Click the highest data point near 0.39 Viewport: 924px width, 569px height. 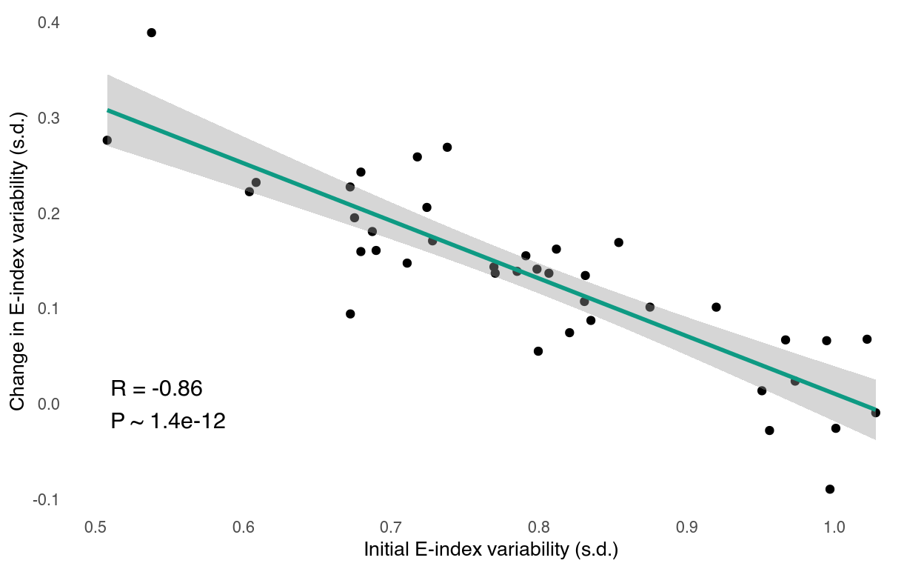151,33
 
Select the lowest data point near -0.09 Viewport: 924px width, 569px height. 829,489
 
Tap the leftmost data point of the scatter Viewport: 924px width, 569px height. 107,140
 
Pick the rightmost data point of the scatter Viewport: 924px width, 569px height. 876,413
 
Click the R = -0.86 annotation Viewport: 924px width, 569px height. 156,388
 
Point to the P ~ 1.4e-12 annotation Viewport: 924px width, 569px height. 168,422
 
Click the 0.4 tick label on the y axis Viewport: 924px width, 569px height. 49,24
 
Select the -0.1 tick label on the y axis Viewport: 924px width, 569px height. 46,500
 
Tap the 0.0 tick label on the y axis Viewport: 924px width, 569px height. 49,405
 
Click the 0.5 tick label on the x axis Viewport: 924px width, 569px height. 96,528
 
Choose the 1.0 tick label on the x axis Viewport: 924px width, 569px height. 834,528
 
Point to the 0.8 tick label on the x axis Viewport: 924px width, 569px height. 539,528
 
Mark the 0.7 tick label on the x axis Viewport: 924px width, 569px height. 391,528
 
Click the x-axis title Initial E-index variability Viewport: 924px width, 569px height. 490,550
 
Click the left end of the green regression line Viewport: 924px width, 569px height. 108,110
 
